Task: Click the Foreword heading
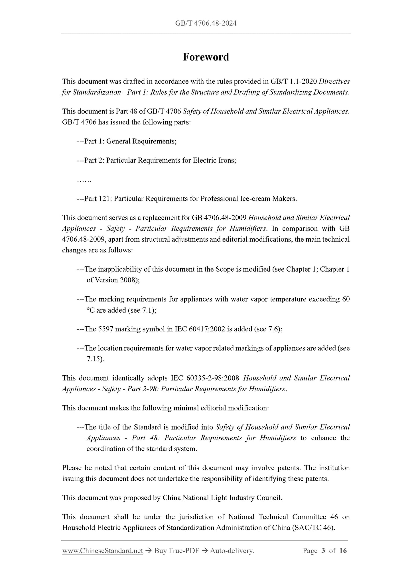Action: pos(206,57)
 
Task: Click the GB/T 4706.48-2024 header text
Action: pos(206,23)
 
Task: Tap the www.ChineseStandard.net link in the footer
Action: pos(102,551)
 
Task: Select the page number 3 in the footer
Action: pos(323,551)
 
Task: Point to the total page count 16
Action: pos(343,551)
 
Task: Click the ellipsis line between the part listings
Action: pos(84,180)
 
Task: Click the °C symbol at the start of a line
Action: pos(91,310)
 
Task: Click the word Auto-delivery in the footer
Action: pos(232,551)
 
